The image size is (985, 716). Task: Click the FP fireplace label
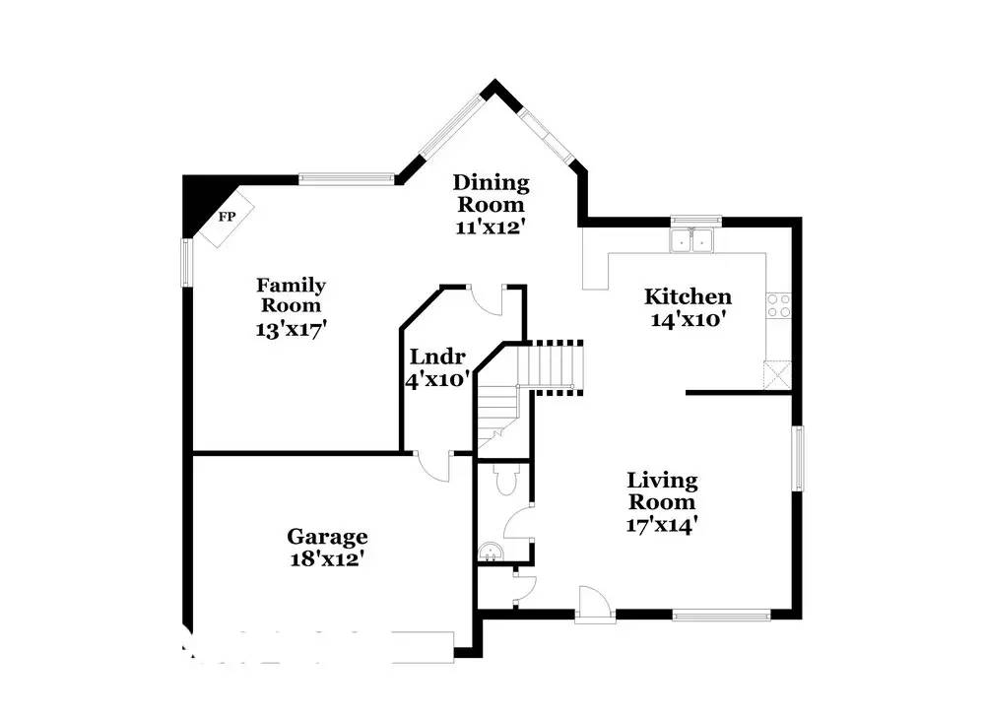226,217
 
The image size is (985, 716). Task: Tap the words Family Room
291,295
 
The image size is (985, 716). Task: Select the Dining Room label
491,193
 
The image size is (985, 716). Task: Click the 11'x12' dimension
491,227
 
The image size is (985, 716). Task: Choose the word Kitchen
688,296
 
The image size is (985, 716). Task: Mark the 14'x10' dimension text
688,319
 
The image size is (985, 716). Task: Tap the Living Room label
663,490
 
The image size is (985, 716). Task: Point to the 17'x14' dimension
663,525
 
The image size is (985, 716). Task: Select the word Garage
327,537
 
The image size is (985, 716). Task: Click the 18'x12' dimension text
327,558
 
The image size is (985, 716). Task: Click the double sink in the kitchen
693,240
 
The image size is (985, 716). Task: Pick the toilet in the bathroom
505,481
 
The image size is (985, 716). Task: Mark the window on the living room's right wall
798,458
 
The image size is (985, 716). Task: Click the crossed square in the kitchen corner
776,375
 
